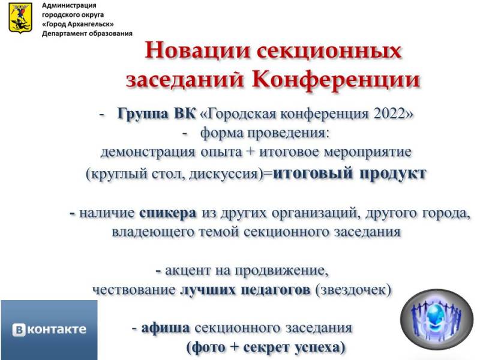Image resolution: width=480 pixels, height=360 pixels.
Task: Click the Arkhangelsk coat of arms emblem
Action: [x=20, y=18]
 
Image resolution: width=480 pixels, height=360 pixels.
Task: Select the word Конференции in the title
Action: [x=336, y=80]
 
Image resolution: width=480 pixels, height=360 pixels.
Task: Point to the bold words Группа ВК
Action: [x=156, y=114]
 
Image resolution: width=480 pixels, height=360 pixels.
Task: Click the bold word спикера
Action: [x=167, y=214]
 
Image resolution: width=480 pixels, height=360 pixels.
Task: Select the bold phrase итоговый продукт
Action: [x=350, y=173]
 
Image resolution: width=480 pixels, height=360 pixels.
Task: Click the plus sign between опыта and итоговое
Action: [x=250, y=152]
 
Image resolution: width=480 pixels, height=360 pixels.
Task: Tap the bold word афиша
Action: [x=166, y=328]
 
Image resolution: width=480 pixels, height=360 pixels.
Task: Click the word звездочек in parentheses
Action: [x=353, y=290]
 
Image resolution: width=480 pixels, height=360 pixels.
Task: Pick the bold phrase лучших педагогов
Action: [x=245, y=290]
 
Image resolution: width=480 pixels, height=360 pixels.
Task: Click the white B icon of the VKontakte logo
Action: [x=19, y=329]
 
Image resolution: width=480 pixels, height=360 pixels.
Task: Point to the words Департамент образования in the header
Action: [x=87, y=34]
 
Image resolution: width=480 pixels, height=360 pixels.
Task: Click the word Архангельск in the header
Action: [x=91, y=24]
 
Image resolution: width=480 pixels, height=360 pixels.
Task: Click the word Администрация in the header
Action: [x=69, y=5]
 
